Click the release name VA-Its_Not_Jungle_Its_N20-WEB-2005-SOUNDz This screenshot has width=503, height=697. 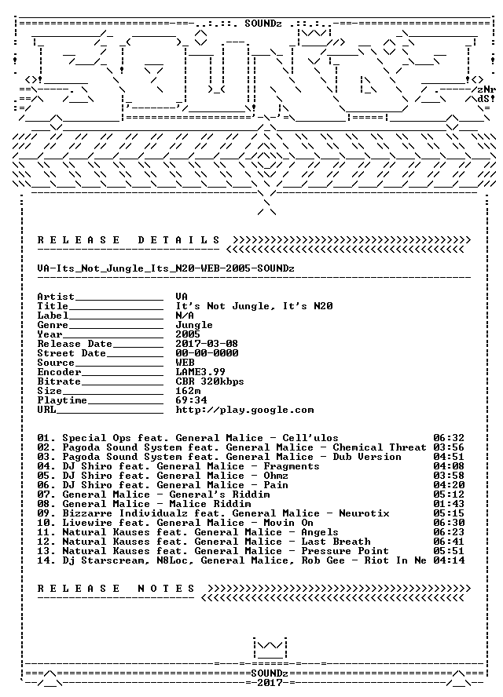[166, 268]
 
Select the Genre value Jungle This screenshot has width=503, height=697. [194, 325]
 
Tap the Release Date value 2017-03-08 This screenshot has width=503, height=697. [207, 344]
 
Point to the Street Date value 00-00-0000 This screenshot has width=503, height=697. [207, 353]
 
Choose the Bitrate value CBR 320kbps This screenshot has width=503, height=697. [210, 381]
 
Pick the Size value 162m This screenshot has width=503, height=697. [188, 391]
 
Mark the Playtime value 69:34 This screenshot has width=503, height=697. [191, 400]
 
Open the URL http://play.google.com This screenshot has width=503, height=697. [244, 410]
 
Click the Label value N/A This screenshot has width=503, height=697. [185, 316]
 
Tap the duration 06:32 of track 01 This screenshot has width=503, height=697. [449, 438]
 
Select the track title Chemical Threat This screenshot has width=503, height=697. [380, 447]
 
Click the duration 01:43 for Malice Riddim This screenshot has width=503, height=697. [449, 504]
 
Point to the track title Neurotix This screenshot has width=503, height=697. [364, 513]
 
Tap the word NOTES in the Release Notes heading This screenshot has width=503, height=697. [166, 589]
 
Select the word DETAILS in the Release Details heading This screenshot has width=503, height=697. [178, 240]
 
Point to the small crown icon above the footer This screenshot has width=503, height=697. [270, 648]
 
